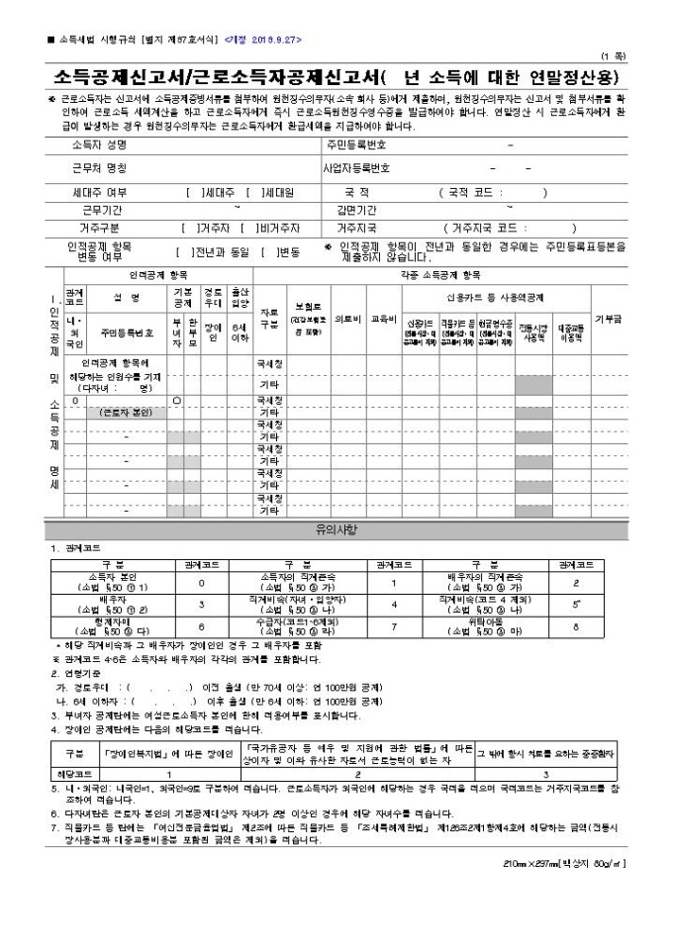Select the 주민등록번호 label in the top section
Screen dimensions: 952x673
[357, 144]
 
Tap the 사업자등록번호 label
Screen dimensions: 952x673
[357, 168]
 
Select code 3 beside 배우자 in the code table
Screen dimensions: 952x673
[201, 602]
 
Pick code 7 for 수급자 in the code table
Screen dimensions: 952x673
[393, 626]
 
